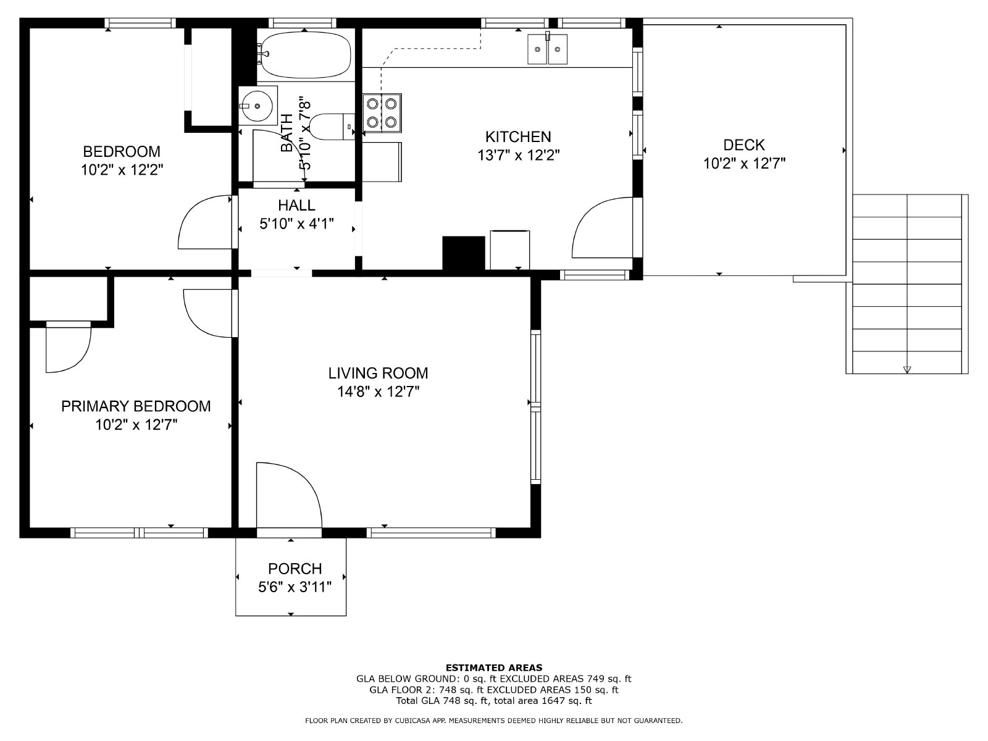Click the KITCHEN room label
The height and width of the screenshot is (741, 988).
[x=518, y=136]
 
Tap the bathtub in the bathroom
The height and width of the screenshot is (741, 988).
[x=305, y=55]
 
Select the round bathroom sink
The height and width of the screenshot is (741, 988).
[x=258, y=106]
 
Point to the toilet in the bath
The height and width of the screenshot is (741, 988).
[x=332, y=127]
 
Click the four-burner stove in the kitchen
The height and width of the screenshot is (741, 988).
[x=382, y=113]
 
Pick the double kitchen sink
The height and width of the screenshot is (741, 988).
[x=547, y=49]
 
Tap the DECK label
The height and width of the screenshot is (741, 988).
[x=744, y=145]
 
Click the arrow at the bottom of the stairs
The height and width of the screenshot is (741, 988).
[x=907, y=369]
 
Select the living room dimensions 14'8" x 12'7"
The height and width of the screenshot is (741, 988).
[x=379, y=392]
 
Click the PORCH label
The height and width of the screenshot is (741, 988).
[x=295, y=569]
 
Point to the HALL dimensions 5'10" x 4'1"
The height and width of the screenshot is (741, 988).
[x=296, y=224]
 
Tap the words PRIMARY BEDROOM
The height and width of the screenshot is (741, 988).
[x=136, y=406]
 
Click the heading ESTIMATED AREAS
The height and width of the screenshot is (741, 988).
[x=494, y=668]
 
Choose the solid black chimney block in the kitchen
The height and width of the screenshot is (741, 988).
[x=464, y=253]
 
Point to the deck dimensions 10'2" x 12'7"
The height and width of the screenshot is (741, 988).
[x=745, y=164]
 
